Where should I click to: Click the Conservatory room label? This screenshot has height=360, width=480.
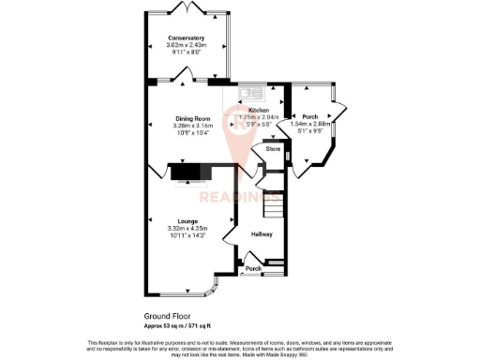(186, 38)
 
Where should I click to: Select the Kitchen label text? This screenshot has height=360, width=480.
(260, 109)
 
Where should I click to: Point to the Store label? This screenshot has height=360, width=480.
(273, 149)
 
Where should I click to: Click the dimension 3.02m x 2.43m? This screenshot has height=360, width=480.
(186, 46)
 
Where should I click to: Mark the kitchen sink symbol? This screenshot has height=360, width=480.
(251, 92)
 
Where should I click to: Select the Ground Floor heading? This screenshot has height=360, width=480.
(166, 317)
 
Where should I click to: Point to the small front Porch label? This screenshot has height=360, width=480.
(253, 269)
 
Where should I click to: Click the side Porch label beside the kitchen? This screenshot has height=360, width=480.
(308, 116)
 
